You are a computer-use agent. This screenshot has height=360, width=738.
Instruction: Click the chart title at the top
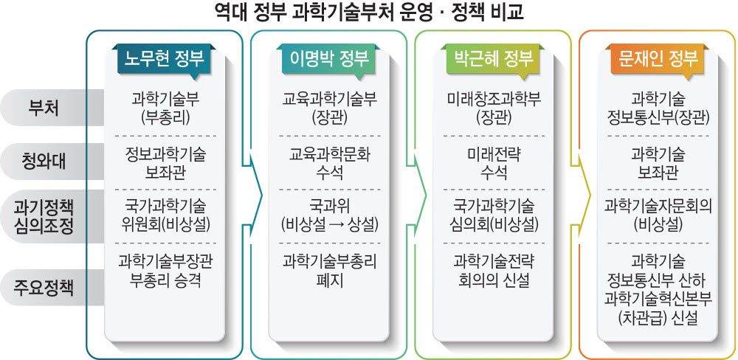[x=368, y=13]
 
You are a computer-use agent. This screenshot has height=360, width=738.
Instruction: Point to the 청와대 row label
[x=46, y=160]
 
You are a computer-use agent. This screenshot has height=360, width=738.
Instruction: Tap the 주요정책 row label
[x=46, y=285]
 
